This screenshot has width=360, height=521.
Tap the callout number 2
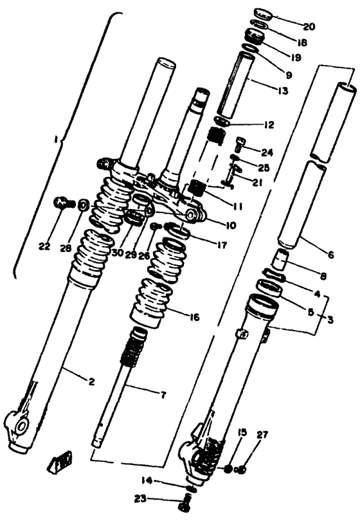point(92,382)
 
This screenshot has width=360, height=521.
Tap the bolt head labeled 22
point(62,203)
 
